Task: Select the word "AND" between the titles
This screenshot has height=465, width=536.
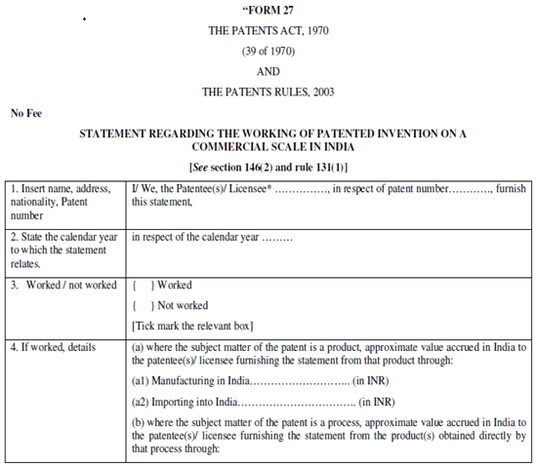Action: click(x=268, y=71)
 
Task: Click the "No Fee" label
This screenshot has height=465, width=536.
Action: click(x=27, y=113)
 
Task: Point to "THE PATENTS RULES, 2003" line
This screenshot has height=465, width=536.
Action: click(x=268, y=92)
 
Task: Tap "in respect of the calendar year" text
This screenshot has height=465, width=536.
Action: click(x=195, y=236)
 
